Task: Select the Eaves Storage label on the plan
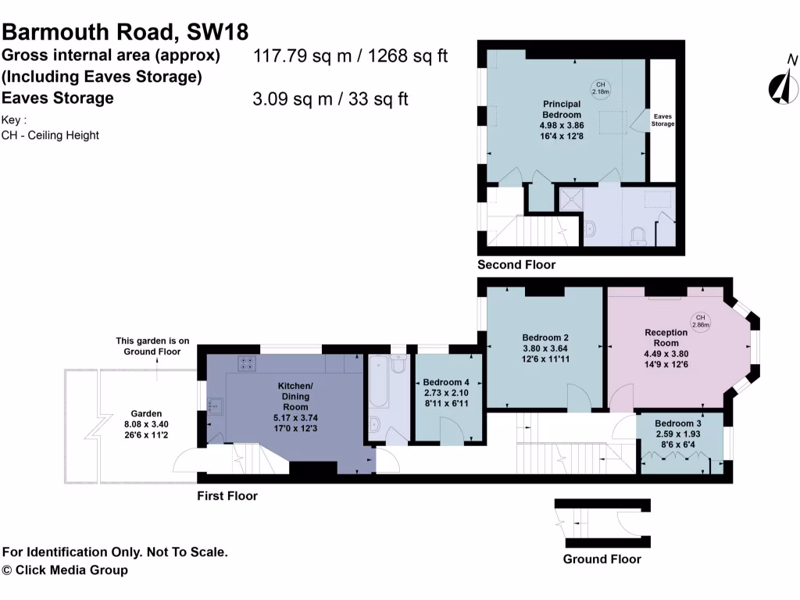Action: point(662,120)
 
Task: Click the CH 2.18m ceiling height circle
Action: point(600,88)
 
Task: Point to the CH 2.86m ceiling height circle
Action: point(700,320)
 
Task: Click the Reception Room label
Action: point(666,337)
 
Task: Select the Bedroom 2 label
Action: point(545,337)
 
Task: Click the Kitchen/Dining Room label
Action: point(295,391)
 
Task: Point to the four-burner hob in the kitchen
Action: point(247,362)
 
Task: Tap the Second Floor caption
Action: point(516,265)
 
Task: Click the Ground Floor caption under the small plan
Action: point(602,559)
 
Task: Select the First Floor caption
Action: point(227,496)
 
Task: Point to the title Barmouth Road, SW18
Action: point(126,32)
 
